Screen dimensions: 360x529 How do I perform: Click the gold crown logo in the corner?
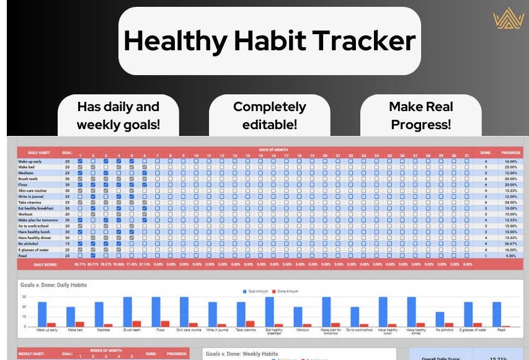coord(509,20)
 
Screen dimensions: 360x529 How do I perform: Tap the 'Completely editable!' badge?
coord(269,115)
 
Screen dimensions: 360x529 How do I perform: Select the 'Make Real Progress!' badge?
coord(420,115)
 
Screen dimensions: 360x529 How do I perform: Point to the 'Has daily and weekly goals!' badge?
coord(118,115)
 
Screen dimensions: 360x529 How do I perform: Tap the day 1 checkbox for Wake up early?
coord(79,161)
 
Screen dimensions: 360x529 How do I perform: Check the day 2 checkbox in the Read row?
coord(92,255)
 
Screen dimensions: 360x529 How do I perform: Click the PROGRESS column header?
coord(511,152)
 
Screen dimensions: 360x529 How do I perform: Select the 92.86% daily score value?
coord(118,265)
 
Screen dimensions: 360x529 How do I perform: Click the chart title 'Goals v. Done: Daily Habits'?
coord(53,285)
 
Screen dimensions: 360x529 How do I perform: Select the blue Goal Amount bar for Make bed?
coord(71,317)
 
